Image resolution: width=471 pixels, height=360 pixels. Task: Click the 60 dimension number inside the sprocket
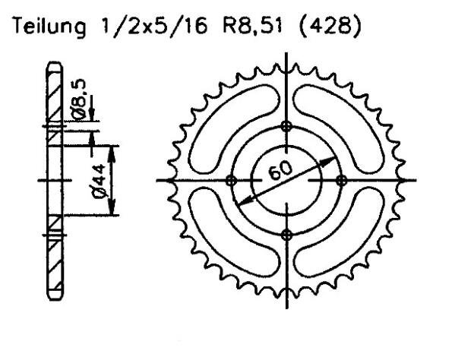pos(282,172)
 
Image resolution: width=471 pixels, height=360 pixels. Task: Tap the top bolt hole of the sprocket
pos(286,125)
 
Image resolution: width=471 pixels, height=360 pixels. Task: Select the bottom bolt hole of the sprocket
pos(286,234)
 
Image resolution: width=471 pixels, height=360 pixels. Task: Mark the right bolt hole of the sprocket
pos(341,180)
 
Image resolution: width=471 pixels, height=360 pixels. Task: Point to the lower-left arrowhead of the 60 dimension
pos(242,200)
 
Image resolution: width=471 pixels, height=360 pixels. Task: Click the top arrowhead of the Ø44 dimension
pos(112,148)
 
